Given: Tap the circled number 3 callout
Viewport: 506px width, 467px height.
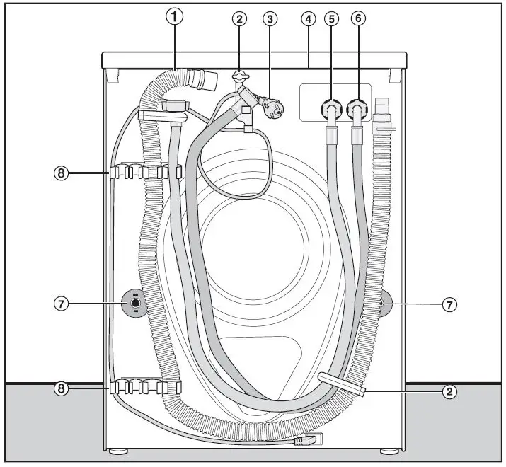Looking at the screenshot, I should coord(269,19).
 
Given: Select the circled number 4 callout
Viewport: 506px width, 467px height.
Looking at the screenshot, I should coord(307,19).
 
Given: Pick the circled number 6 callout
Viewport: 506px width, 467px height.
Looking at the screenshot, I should coord(359,19).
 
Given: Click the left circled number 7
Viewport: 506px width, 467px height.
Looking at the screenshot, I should coord(62,304).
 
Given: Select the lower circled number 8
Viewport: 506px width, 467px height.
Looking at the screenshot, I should coord(62,388).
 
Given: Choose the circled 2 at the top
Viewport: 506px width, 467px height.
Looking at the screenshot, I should coord(241,19).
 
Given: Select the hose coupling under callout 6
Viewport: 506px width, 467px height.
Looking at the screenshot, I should coord(359,110).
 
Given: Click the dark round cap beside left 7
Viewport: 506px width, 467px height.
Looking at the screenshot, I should coord(134,304).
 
